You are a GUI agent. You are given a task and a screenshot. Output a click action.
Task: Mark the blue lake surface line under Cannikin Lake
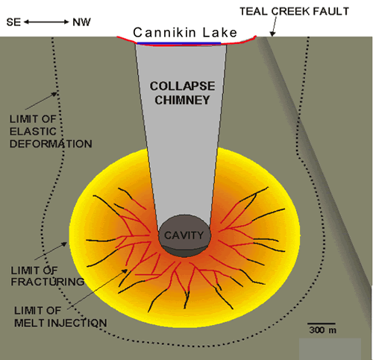pyautogui.click(x=179, y=43)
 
